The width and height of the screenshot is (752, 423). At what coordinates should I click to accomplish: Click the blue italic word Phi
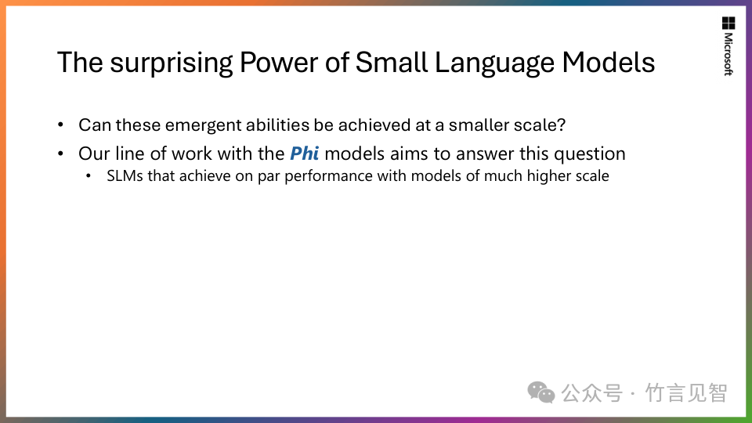tap(304, 154)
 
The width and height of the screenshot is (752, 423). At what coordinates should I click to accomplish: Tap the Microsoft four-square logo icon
tap(728, 23)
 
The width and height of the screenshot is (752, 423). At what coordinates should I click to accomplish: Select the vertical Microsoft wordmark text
tap(728, 54)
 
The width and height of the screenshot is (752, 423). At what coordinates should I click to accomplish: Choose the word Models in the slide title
tap(608, 63)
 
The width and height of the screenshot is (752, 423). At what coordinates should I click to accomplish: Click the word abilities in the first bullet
tap(277, 125)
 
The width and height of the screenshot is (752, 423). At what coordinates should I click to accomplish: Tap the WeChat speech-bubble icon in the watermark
tap(541, 392)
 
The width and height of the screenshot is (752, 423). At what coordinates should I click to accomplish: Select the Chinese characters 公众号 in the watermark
tap(592, 393)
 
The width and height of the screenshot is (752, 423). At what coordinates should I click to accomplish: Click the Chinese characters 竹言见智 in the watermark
tap(686, 393)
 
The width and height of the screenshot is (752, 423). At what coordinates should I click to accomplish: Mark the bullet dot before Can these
tap(60, 125)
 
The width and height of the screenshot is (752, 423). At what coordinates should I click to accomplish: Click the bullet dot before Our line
tap(60, 154)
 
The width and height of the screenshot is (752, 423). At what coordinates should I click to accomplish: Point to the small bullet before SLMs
tap(89, 176)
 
